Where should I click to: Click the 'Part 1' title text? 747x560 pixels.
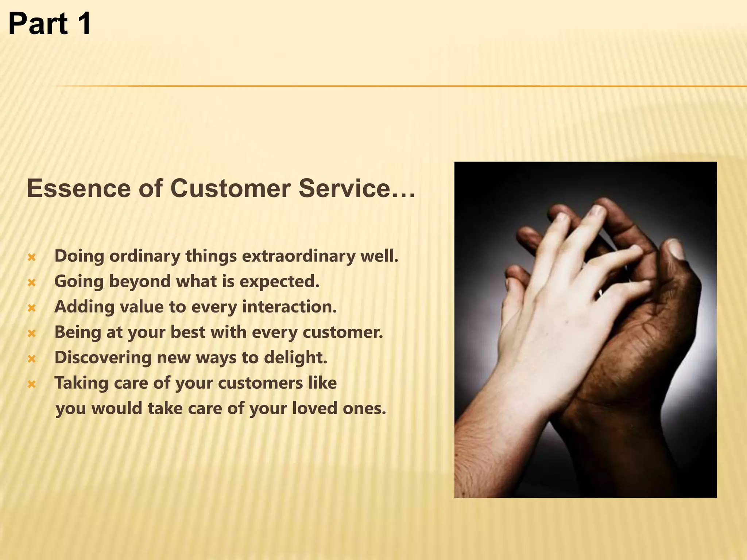(x=50, y=24)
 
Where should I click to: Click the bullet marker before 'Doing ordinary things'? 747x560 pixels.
(x=32, y=257)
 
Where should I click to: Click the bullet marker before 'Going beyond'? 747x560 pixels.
(x=32, y=283)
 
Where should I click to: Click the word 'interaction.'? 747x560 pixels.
(x=289, y=307)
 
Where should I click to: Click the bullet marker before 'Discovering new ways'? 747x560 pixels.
(x=32, y=359)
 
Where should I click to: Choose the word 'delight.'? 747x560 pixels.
(x=295, y=358)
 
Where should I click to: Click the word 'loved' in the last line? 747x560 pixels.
(x=314, y=408)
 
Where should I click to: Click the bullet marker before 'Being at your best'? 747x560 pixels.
(x=32, y=333)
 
